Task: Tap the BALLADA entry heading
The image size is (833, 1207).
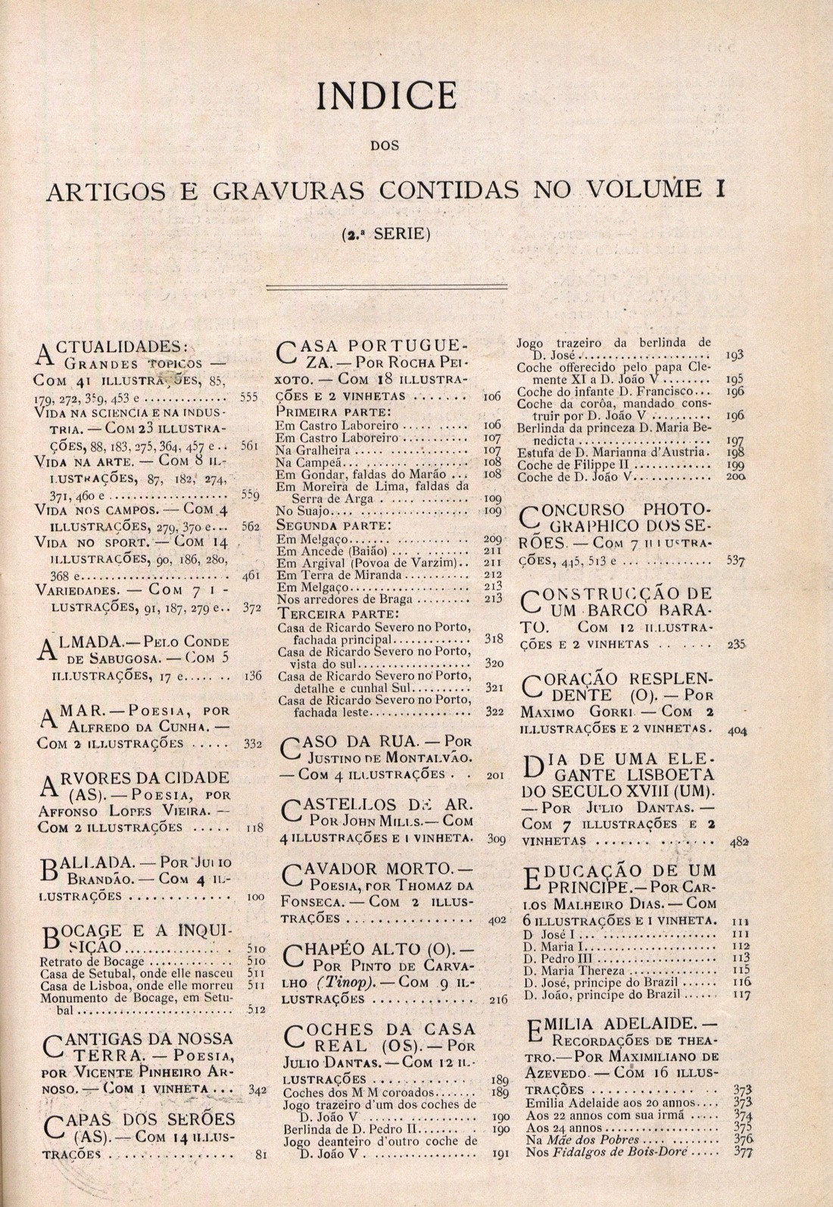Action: coord(86,862)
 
